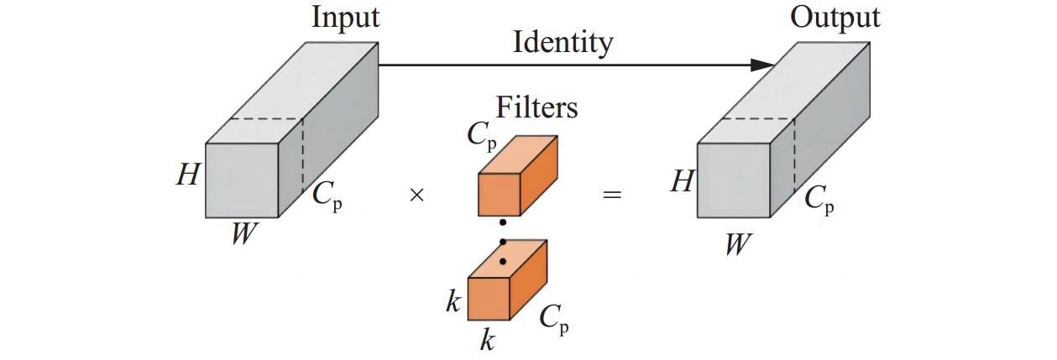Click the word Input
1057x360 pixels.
click(x=345, y=18)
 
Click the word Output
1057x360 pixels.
click(x=835, y=18)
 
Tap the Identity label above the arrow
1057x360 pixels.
click(x=563, y=42)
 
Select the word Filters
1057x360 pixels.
click(x=536, y=107)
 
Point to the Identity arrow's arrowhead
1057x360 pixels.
click(x=762, y=65)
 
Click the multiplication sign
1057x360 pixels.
click(x=416, y=196)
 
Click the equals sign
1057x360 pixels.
click(x=613, y=196)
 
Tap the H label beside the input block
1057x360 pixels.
click(x=187, y=175)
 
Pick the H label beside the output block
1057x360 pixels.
click(x=680, y=181)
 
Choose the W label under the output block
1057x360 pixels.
click(x=736, y=244)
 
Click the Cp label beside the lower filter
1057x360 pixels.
click(x=552, y=319)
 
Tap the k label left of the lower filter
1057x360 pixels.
click(x=453, y=302)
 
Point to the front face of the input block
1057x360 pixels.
click(x=242, y=180)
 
